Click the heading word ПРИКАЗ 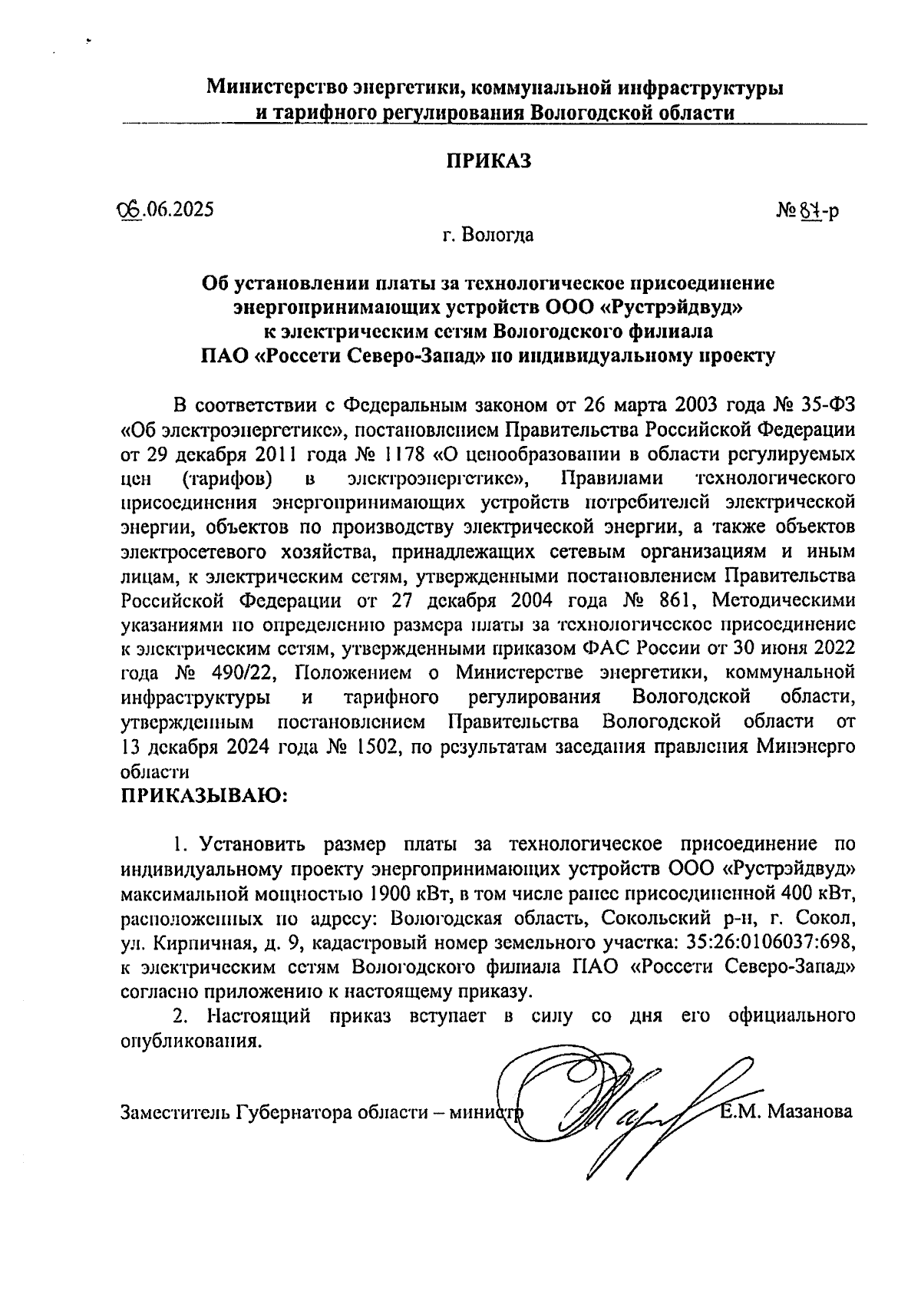pyautogui.click(x=489, y=161)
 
